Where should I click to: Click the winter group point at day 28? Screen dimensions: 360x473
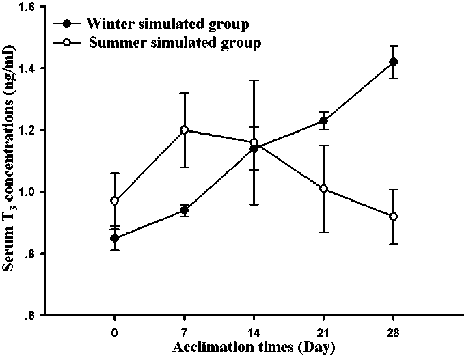click(393, 62)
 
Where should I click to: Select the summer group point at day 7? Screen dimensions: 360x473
click(185, 130)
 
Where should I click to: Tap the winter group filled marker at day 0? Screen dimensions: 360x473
click(115, 238)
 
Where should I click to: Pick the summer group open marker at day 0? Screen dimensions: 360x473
click(115, 201)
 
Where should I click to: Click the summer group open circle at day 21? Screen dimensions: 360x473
click(323, 189)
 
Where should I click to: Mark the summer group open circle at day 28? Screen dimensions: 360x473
click(393, 217)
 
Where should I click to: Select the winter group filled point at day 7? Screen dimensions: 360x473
click(185, 210)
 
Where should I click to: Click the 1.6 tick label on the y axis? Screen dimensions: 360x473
click(30, 7)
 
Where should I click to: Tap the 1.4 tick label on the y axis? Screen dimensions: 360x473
click(30, 68)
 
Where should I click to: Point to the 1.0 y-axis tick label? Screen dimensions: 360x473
click(30, 192)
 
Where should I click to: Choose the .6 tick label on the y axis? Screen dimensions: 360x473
click(33, 316)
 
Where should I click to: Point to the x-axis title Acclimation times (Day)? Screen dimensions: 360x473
click(254, 348)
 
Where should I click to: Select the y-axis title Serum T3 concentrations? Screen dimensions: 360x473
click(12, 161)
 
